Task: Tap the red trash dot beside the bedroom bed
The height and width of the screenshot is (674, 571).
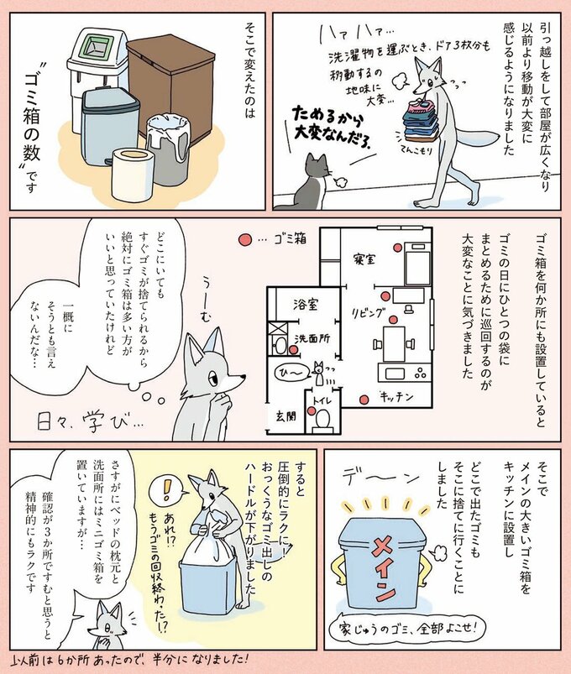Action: click(x=381, y=294)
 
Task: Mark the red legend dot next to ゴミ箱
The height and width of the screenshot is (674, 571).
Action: click(x=245, y=240)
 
